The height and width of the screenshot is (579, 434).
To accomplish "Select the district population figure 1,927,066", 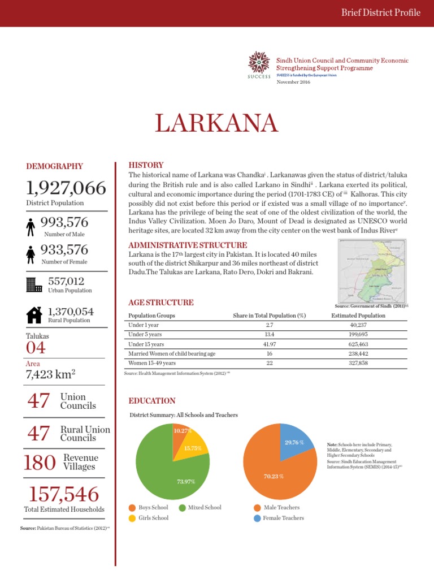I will coord(66,188).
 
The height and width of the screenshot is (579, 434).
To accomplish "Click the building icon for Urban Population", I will coord(34,284).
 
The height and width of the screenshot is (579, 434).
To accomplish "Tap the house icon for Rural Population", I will coord(34,314).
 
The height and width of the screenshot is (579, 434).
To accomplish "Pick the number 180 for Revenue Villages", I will coord(40,463).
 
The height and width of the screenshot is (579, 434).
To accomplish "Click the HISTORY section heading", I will coord(146,165).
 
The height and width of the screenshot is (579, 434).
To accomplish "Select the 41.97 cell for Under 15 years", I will coord(269,344).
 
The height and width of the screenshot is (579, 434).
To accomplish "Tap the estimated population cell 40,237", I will coord(358,325).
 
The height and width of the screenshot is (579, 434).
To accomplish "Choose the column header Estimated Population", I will coord(358,316).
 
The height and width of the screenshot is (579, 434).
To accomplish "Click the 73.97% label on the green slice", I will coord(186,482).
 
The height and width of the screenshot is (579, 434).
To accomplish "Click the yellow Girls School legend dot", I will coord(132,518).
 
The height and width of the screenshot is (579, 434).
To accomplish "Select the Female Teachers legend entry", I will coord(283,518).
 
